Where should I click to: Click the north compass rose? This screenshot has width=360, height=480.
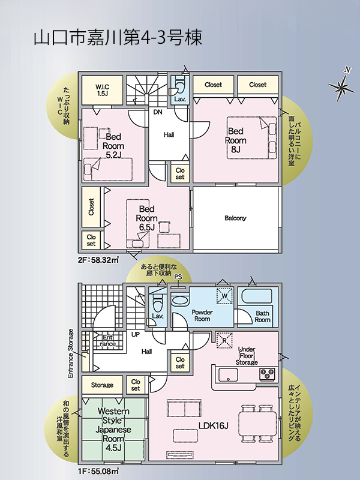[341, 86]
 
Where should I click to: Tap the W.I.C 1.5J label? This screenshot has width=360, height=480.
[103, 91]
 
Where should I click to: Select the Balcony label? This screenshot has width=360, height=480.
[235, 218]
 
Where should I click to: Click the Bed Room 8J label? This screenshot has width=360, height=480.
[236, 140]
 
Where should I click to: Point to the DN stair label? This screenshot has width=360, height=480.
[158, 112]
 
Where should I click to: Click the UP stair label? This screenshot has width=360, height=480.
[136, 335]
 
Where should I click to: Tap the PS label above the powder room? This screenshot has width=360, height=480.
[178, 277]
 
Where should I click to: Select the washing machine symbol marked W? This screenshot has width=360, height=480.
[224, 296]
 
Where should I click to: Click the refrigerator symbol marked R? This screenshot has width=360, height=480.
[224, 340]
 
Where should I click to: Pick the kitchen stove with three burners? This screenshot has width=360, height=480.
[267, 374]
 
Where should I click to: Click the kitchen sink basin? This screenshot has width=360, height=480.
[228, 374]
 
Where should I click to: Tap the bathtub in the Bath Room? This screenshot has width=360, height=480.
[257, 296]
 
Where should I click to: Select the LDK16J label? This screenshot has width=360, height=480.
[214, 426]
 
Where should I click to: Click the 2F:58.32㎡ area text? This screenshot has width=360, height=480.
[98, 260]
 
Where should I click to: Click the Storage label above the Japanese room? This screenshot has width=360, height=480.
[102, 385]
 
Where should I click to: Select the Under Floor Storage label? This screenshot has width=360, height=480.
[247, 356]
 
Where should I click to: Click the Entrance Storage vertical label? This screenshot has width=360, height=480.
[71, 353]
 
